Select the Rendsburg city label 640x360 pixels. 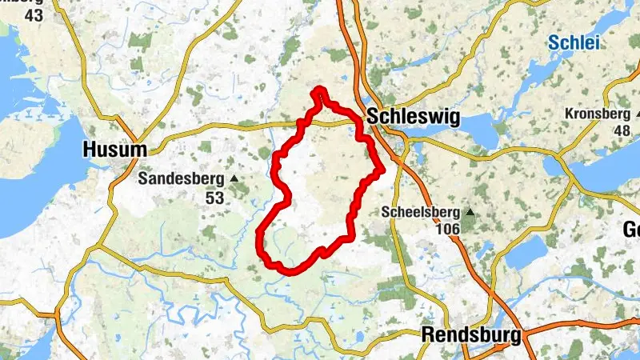(x=471, y=334)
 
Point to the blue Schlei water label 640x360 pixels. (x=574, y=43)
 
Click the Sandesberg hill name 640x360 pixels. (x=182, y=178)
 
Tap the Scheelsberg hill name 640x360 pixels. (x=422, y=213)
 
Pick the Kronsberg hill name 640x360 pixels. (x=598, y=114)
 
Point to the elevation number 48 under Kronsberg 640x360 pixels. (x=621, y=130)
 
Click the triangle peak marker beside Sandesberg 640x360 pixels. (x=234, y=178)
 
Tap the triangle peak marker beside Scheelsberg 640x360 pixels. (x=470, y=213)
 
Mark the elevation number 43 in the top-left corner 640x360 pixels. (x=34, y=14)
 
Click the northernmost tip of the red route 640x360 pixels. (x=320, y=89)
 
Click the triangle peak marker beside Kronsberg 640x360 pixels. (x=638, y=114)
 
